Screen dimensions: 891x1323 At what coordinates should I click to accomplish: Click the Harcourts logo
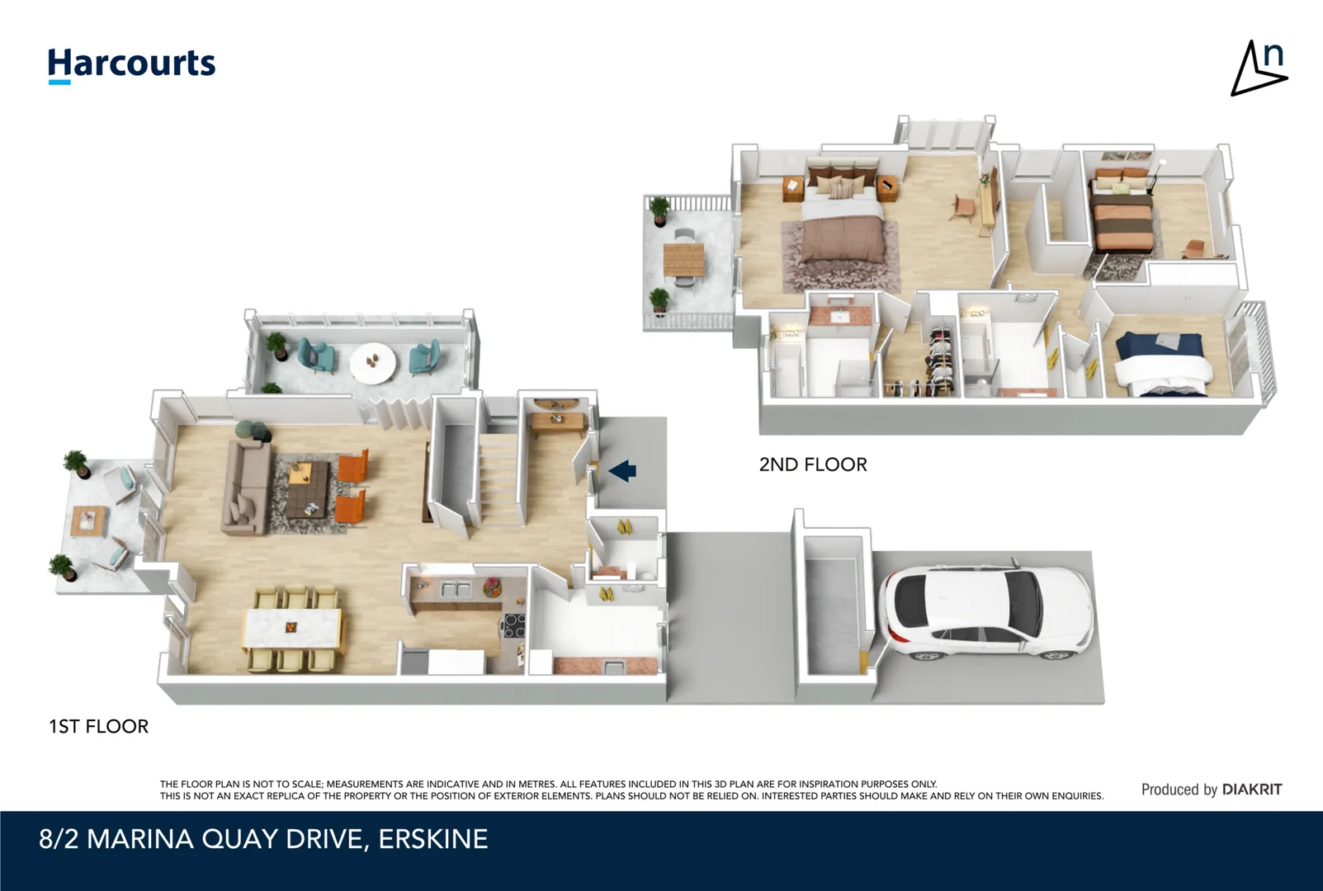[x=131, y=64]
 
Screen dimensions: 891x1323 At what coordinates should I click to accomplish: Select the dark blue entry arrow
[x=622, y=470]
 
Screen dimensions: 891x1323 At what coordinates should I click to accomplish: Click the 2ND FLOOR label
[x=812, y=464]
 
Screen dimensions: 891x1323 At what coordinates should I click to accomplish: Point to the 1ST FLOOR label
[x=98, y=726]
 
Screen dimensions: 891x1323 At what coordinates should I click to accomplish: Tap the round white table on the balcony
[x=372, y=362]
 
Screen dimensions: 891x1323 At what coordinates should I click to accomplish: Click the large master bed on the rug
[x=842, y=227]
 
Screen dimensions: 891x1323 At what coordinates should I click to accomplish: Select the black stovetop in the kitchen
[x=513, y=626]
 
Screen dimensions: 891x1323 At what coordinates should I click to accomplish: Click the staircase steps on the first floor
[x=498, y=478]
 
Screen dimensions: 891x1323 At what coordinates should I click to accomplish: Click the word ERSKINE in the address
[x=432, y=839]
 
